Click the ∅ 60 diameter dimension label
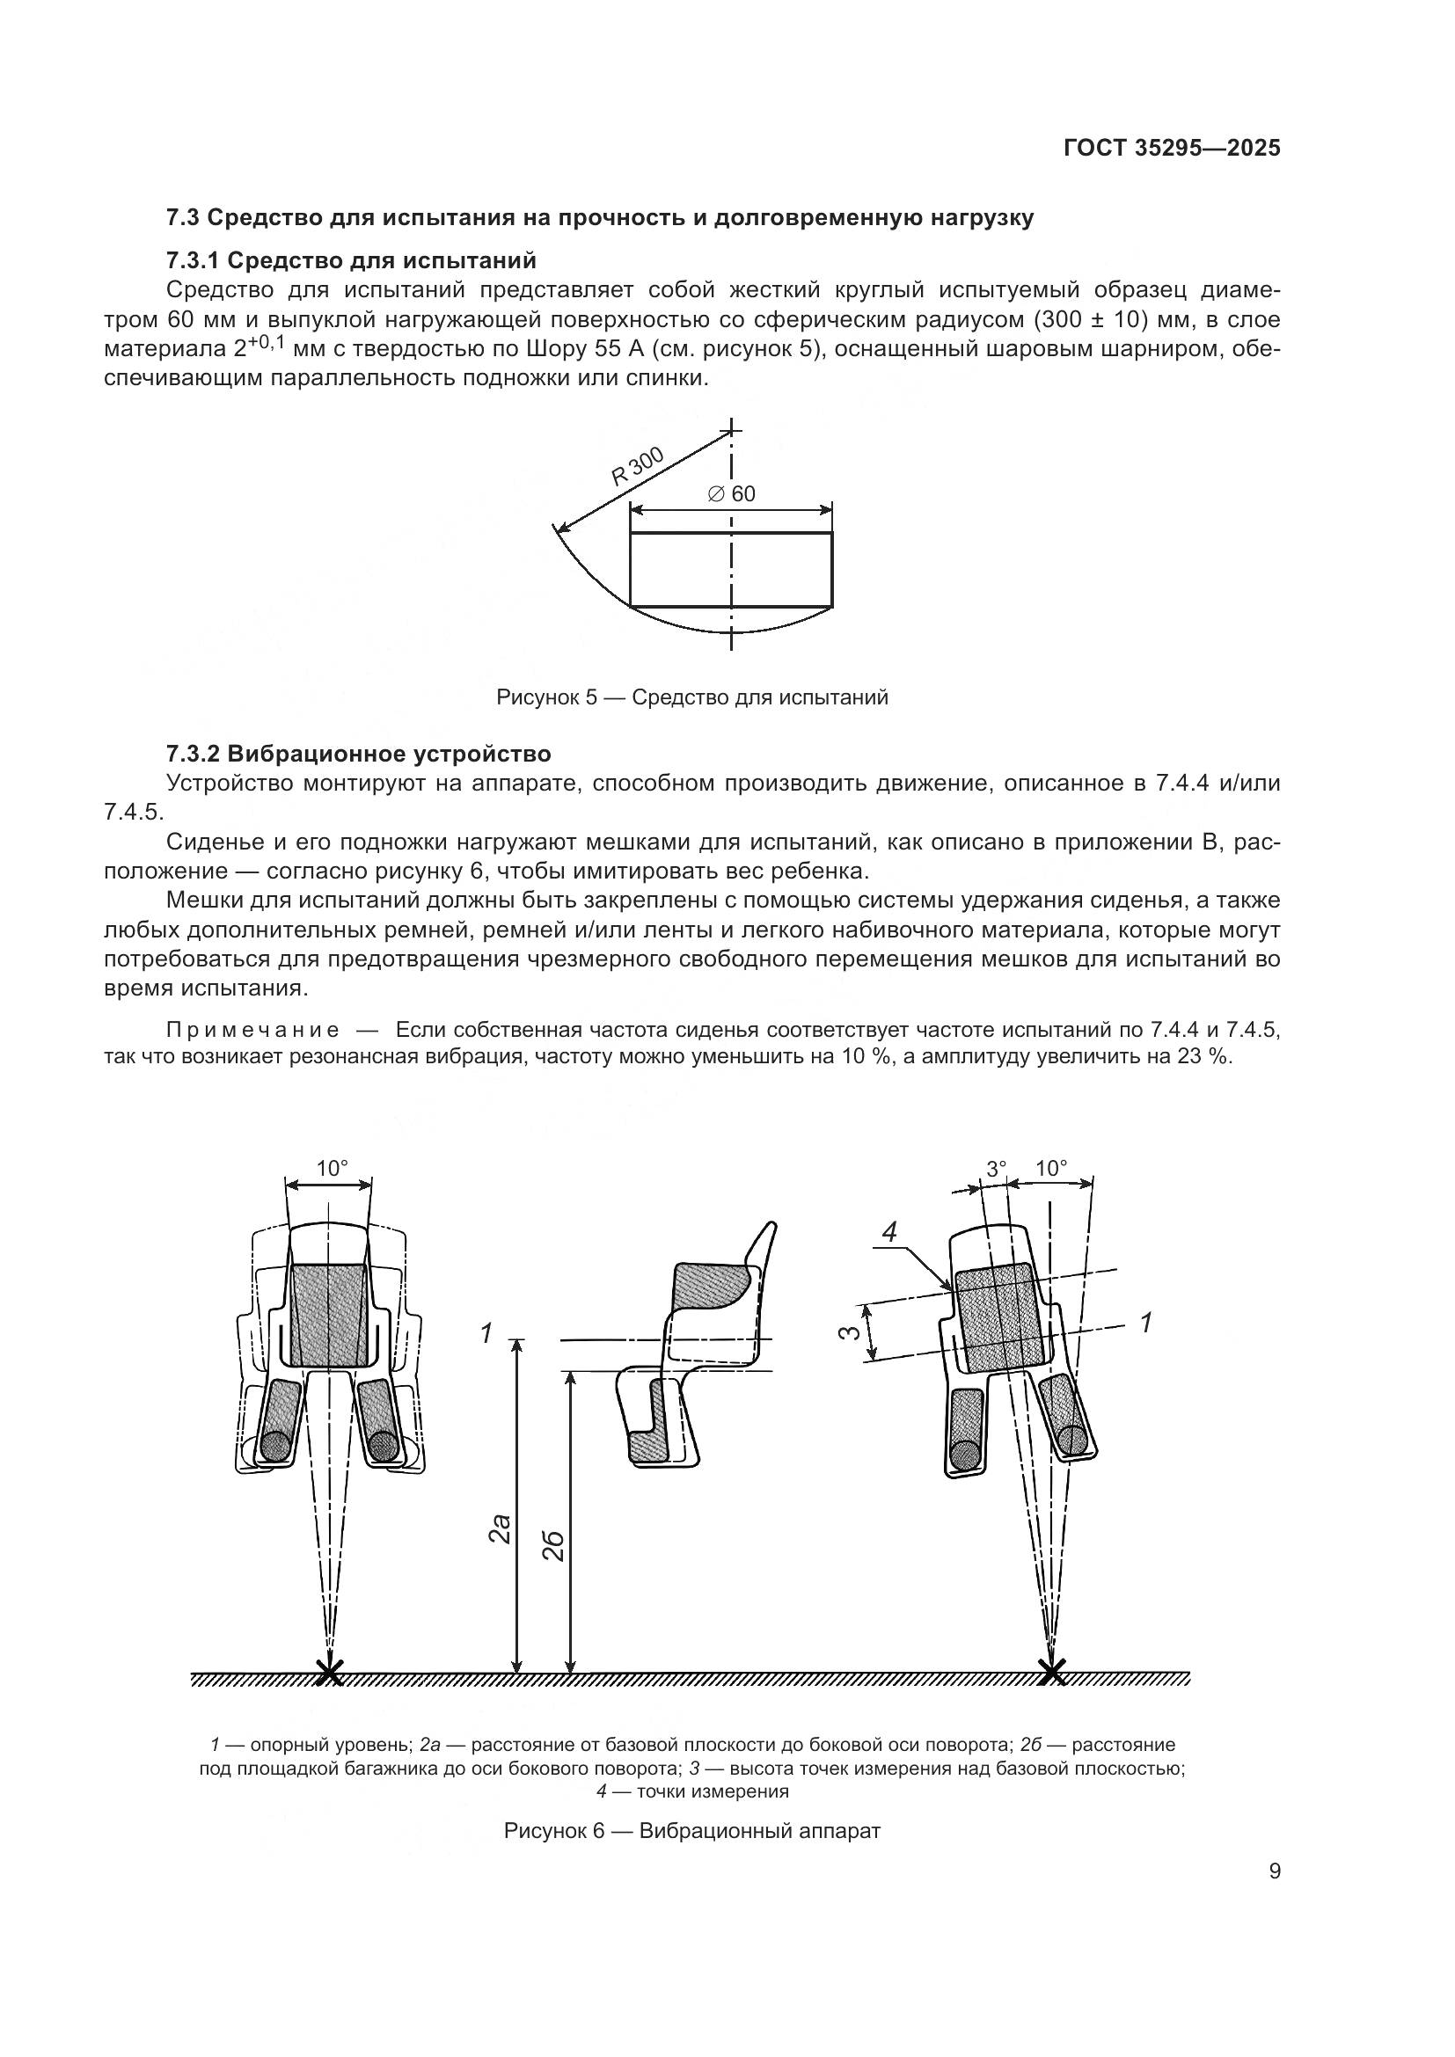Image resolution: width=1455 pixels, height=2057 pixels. tap(731, 494)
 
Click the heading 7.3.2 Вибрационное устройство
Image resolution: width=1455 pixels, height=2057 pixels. tap(358, 754)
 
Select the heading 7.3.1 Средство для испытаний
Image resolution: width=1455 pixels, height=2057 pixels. tap(351, 260)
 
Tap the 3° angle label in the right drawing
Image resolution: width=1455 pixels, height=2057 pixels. tap(997, 1169)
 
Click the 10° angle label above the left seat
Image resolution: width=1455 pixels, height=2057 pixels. tap(332, 1168)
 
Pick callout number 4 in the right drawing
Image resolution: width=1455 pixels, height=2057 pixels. tap(888, 1233)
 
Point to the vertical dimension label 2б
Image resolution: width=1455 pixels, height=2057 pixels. tap(554, 1547)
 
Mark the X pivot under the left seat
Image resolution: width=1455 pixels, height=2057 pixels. tap(330, 1672)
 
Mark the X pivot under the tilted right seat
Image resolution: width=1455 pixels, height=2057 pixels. tap(1053, 1672)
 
